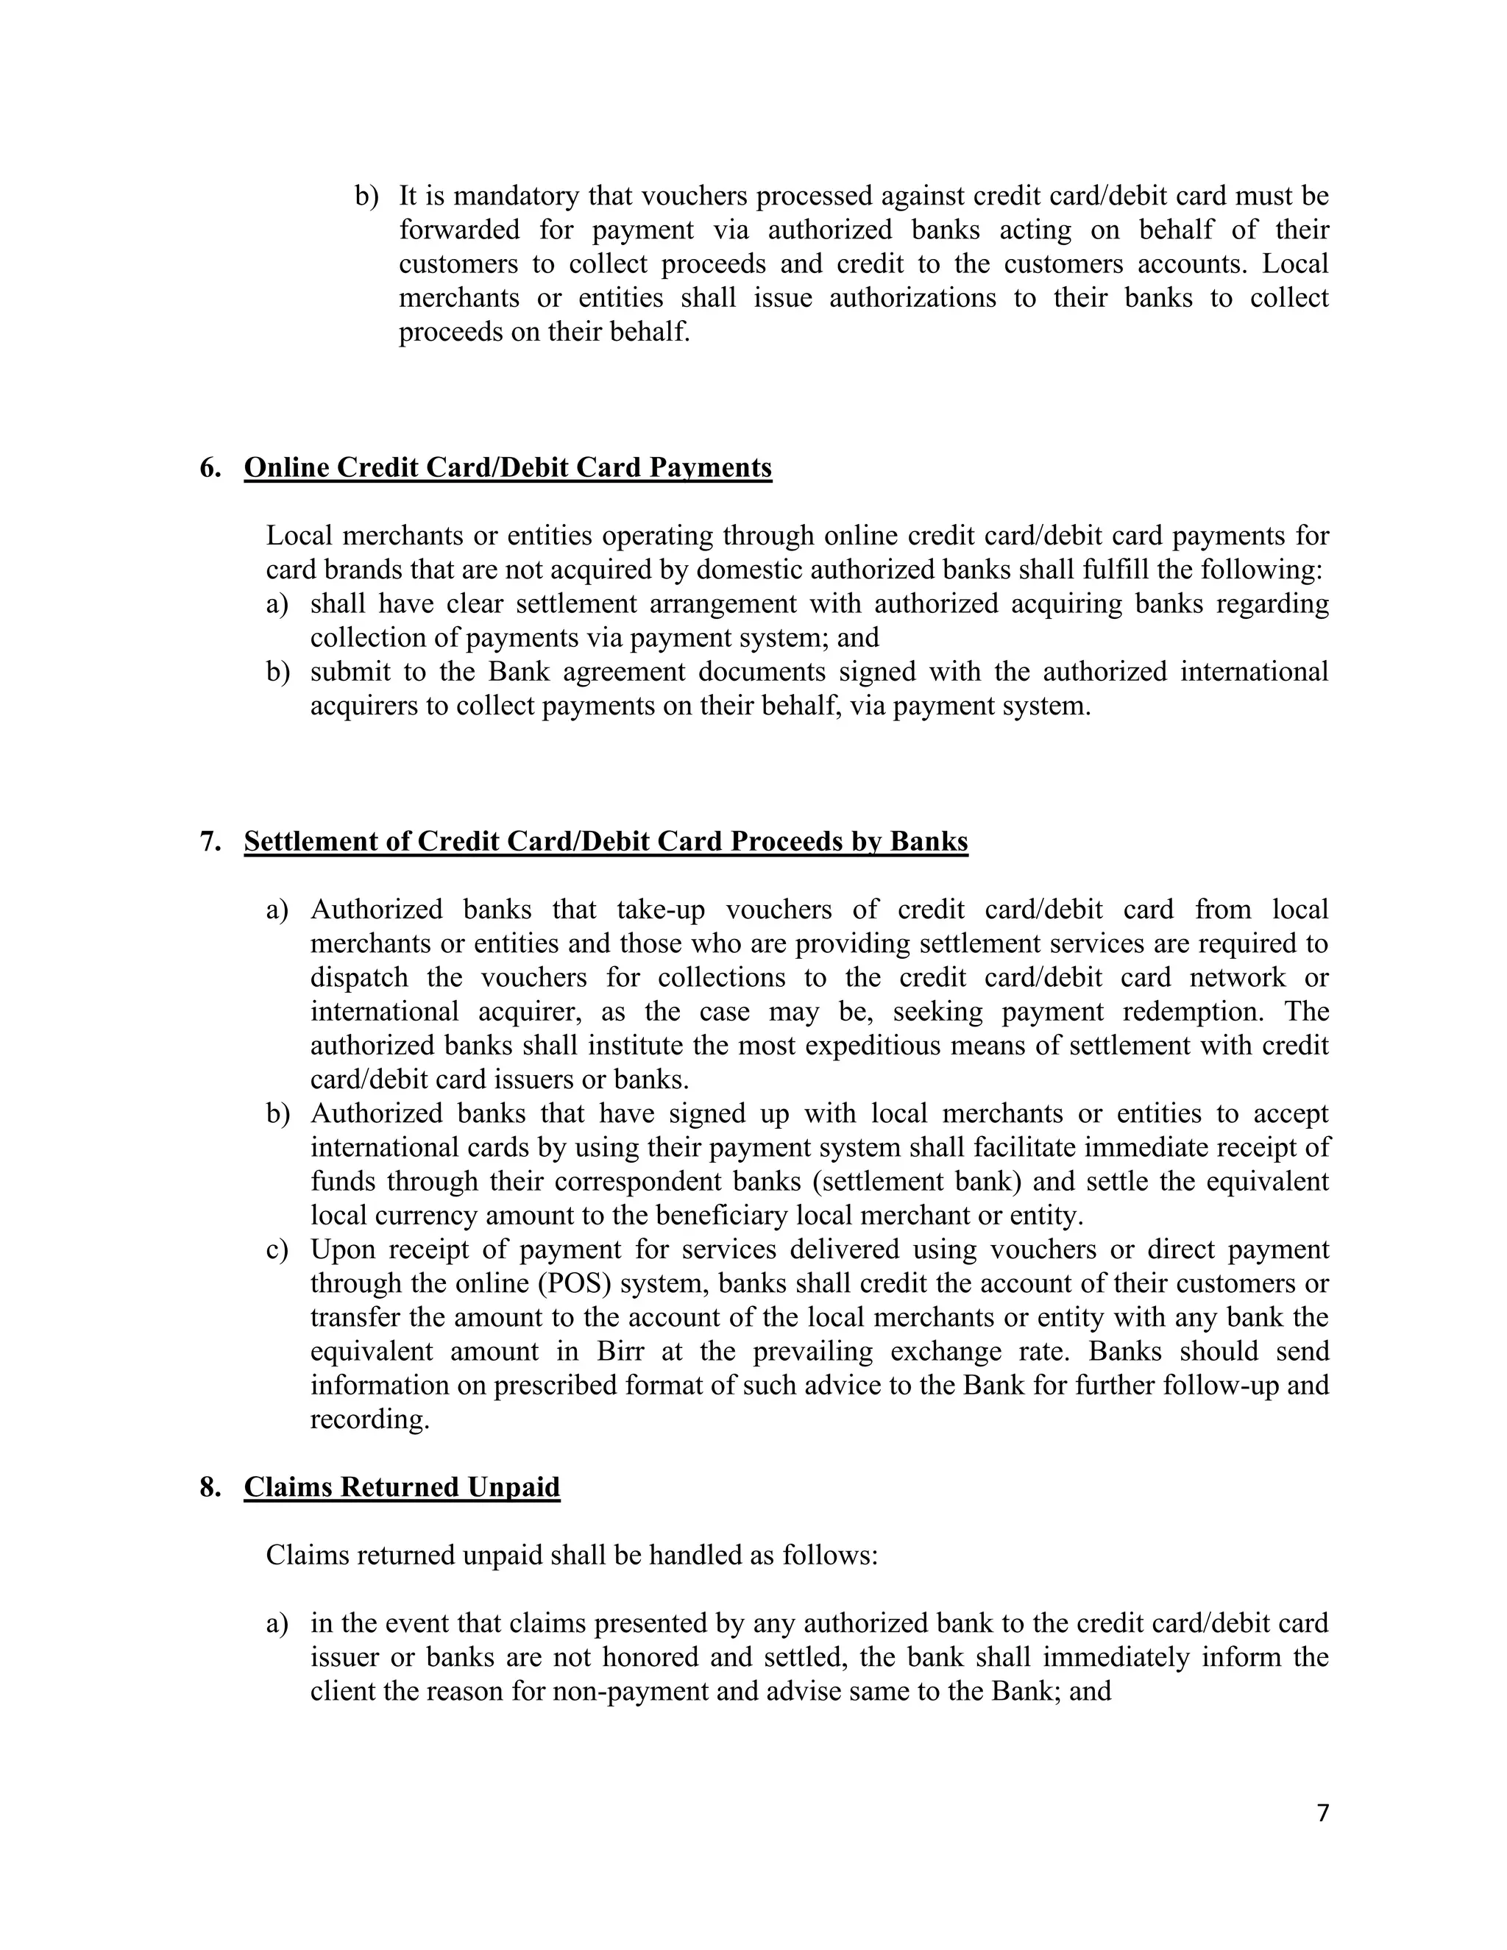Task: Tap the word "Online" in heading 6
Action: [286, 468]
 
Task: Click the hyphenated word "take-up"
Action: [661, 909]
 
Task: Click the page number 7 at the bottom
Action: [1323, 1812]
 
